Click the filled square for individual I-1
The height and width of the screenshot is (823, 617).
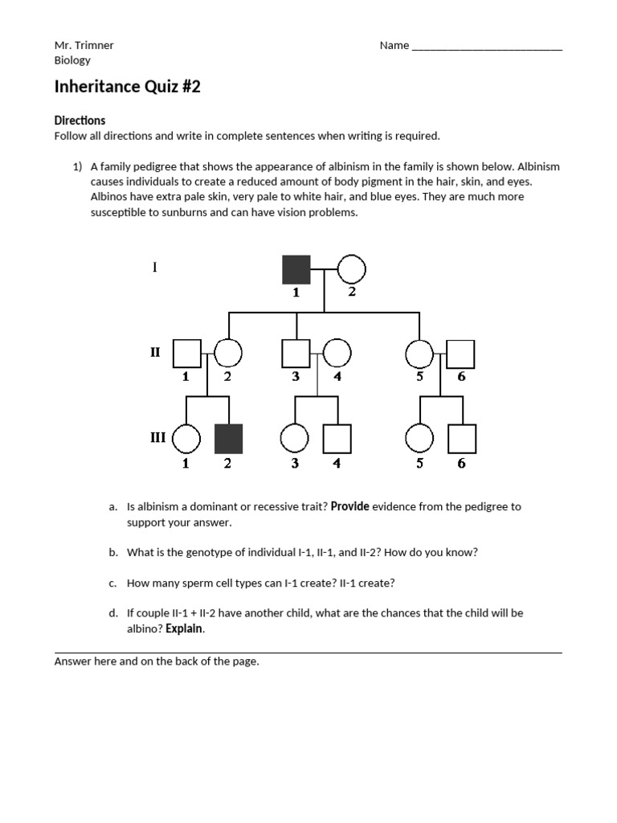tap(296, 269)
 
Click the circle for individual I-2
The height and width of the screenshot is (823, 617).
tap(351, 269)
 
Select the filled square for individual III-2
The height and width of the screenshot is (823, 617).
tap(229, 438)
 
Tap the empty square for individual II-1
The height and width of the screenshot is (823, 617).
tap(186, 354)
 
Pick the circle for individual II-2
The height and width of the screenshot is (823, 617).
tap(228, 354)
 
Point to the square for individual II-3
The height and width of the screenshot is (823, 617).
tap(296, 354)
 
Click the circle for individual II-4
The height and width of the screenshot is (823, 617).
tap(337, 354)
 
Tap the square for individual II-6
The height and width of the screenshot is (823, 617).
tap(461, 354)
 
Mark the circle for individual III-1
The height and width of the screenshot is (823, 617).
tap(186, 438)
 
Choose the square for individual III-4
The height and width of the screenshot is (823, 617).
tap(337, 438)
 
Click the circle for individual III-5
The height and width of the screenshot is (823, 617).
tap(420, 438)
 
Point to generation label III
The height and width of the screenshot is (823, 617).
tap(157, 437)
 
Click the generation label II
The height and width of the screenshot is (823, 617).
tap(156, 352)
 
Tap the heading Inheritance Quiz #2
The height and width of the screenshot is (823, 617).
tap(127, 87)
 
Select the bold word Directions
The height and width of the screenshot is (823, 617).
tap(80, 121)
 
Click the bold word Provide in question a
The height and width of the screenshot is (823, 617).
tap(350, 506)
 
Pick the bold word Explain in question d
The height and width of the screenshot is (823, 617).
tap(184, 629)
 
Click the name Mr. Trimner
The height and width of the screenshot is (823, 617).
tap(84, 45)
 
